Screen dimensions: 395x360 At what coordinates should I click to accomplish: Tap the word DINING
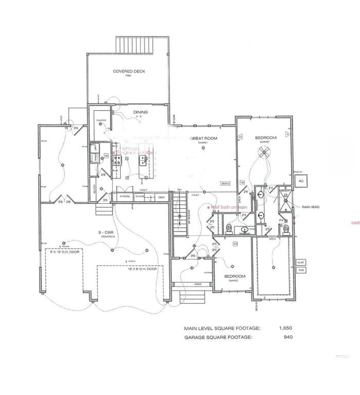[140, 112]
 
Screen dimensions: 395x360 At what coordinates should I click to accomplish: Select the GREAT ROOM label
[204, 139]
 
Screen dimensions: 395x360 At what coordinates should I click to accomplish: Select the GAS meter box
[301, 270]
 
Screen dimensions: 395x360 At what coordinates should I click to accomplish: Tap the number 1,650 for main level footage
[285, 328]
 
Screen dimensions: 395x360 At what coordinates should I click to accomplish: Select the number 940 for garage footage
[287, 337]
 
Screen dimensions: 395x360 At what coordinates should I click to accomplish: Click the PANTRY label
[100, 122]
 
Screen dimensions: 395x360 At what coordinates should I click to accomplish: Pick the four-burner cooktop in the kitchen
[117, 160]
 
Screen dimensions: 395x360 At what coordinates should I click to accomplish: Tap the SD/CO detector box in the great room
[225, 184]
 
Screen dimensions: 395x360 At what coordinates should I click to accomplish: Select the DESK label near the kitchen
[161, 196]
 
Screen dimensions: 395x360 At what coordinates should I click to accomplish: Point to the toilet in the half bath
[228, 228]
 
